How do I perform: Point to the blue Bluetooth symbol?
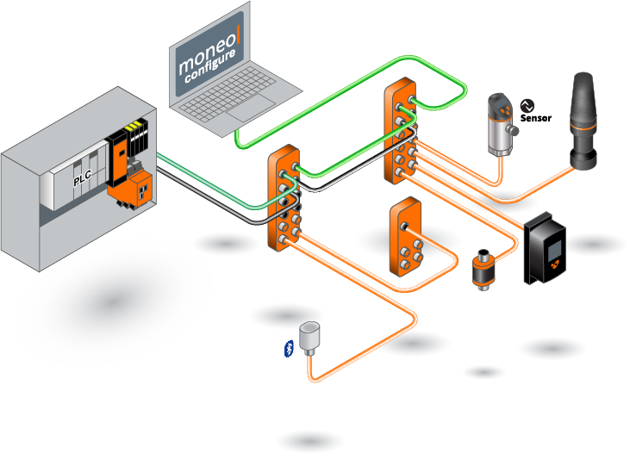pyautogui.click(x=289, y=347)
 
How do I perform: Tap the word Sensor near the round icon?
pyautogui.click(x=536, y=118)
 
